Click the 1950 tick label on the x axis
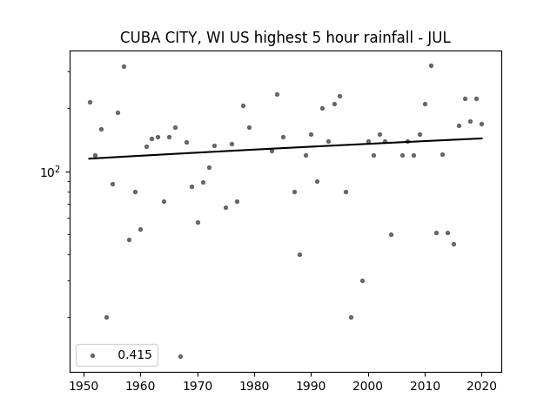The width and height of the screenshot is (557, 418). coord(84,386)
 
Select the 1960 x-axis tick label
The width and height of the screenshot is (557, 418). coord(141,386)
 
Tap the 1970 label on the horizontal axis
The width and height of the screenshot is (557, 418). coord(198,386)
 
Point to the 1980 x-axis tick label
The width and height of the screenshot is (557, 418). coord(254,386)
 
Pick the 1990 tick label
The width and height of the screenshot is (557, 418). coord(312,386)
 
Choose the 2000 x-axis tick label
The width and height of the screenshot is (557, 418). coord(368,386)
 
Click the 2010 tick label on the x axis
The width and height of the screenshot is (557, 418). coord(425,386)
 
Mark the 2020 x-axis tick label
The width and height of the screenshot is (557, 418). coord(481,386)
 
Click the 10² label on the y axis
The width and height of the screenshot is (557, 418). coord(50,172)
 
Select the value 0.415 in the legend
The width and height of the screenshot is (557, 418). coord(135,354)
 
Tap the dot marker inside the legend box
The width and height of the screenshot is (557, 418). coord(93,355)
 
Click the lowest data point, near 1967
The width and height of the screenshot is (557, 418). coord(180,356)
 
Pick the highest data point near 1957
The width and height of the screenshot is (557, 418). coord(124,66)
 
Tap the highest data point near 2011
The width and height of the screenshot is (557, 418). coord(431,66)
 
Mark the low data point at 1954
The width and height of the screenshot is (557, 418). coord(106,317)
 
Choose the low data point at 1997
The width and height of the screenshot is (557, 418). coord(351,317)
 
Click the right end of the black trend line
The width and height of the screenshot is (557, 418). coord(482,138)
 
